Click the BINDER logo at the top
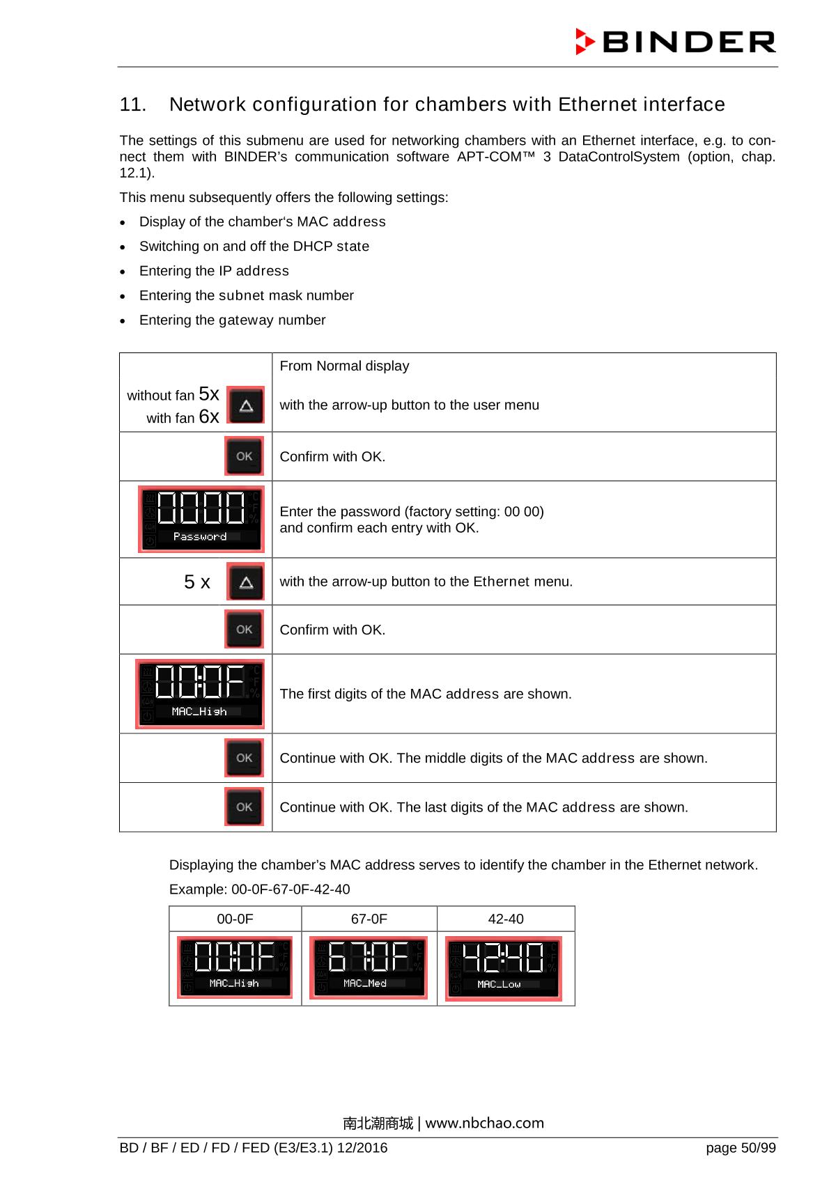click(x=675, y=42)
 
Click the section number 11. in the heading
click(x=133, y=105)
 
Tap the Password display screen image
click(x=201, y=519)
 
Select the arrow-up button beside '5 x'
click(x=245, y=582)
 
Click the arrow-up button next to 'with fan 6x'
click(x=246, y=405)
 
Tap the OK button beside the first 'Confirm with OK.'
click(x=244, y=456)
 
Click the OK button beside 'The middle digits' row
click(x=244, y=758)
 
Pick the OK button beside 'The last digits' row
click(x=244, y=807)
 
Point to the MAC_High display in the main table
click(x=200, y=694)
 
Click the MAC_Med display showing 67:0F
click(x=368, y=967)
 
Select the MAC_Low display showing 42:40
click(x=503, y=968)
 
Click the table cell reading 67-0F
click(x=369, y=919)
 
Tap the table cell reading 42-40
click(x=506, y=919)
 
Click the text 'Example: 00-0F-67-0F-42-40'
click(x=260, y=889)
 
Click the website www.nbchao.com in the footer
click(x=484, y=1123)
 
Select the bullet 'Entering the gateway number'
click(x=232, y=320)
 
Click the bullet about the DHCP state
click(x=254, y=247)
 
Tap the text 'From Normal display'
click(x=344, y=366)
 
